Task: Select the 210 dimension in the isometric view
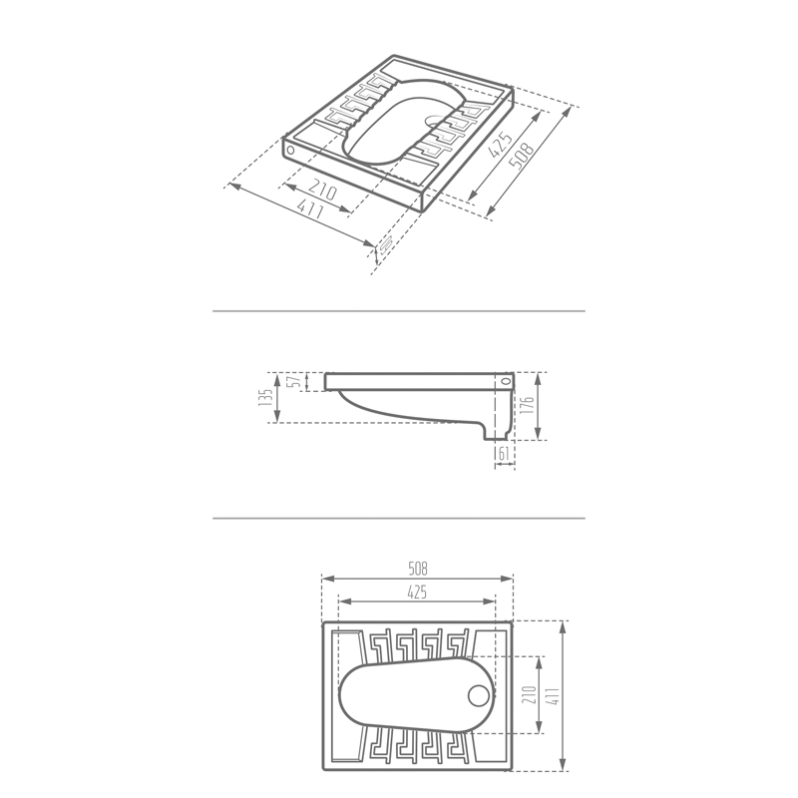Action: (322, 190)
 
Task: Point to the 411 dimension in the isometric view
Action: (309, 208)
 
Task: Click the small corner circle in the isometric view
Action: (290, 151)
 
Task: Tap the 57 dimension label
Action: (293, 382)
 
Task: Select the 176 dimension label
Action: (528, 406)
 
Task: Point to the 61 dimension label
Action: (504, 454)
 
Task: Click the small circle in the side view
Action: (506, 381)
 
